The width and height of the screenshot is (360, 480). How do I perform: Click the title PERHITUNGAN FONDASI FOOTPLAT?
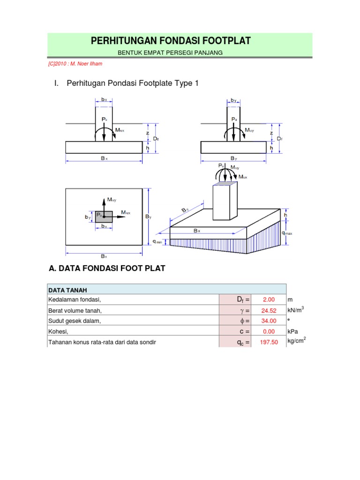[x=171, y=41]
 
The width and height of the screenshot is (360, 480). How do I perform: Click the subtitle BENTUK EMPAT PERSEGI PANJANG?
[x=169, y=52]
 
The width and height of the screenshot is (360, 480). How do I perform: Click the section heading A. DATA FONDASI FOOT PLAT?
[x=107, y=269]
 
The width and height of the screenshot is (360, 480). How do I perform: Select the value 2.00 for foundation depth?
[x=269, y=300]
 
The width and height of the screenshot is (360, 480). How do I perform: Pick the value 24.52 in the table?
[x=269, y=310]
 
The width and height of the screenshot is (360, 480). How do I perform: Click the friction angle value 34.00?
[x=269, y=321]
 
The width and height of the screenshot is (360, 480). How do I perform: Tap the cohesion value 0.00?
[x=269, y=331]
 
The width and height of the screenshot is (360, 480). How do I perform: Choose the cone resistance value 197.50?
[x=269, y=342]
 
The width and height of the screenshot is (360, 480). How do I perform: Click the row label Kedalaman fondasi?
[x=75, y=300]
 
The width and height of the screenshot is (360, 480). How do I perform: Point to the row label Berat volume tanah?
[x=75, y=310]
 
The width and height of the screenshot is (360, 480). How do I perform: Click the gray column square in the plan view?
[x=104, y=217]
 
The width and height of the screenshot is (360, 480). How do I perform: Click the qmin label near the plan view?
[x=157, y=242]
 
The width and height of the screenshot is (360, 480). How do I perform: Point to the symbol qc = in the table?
[x=243, y=342]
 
